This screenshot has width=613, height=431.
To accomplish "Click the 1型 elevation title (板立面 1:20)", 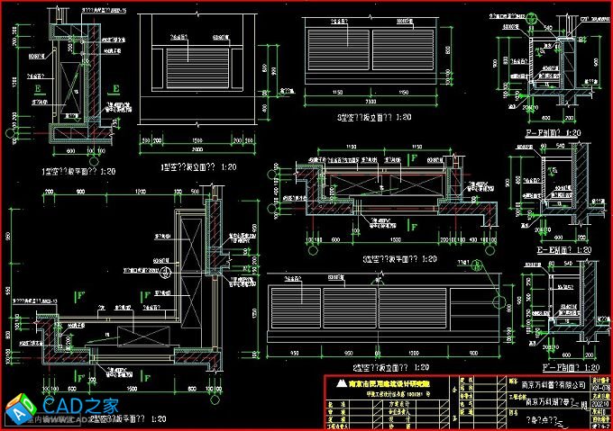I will tap(198, 166).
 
